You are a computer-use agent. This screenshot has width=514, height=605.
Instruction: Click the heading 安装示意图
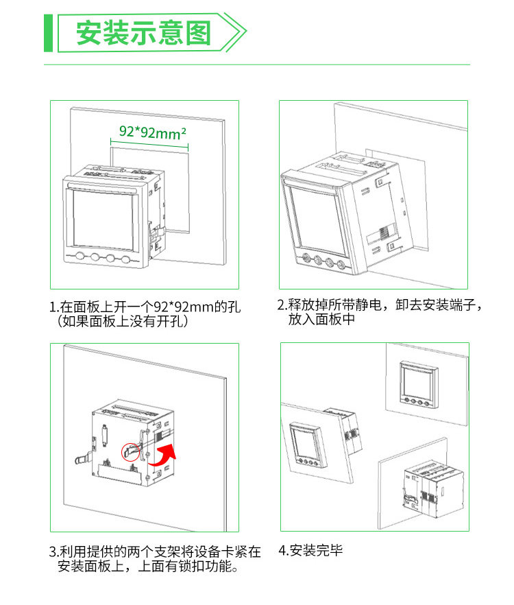(143, 32)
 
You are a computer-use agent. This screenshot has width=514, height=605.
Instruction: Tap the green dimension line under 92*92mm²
(149, 143)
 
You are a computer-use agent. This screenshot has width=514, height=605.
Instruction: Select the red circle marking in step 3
(129, 451)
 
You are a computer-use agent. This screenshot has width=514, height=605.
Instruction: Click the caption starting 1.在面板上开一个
(145, 306)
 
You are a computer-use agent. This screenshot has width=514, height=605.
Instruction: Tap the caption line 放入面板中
(321, 319)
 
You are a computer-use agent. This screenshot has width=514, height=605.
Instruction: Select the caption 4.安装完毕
(310, 550)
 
